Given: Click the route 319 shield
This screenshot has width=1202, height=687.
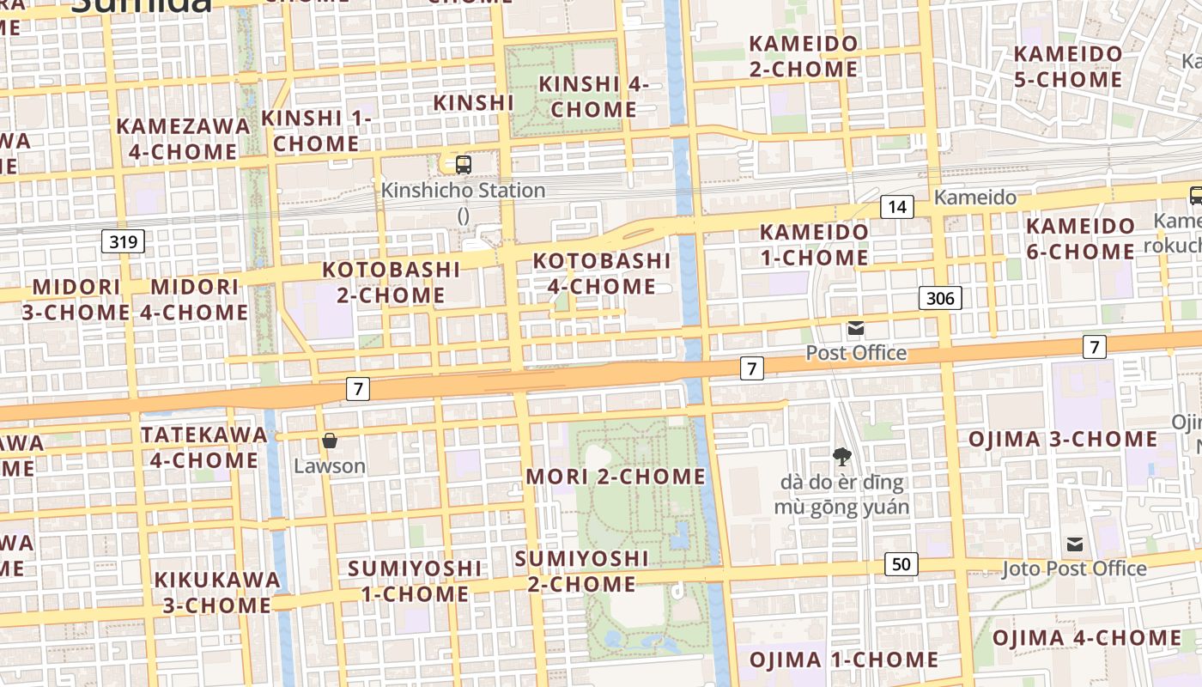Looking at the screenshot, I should coord(123,242).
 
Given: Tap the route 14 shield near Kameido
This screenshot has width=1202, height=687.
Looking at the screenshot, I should coord(897,207).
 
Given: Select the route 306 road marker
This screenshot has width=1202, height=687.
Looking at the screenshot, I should coord(940,298).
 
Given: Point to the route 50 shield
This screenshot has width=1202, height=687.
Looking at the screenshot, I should coord(901,564).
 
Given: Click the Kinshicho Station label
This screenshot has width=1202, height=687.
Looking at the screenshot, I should coord(463,190).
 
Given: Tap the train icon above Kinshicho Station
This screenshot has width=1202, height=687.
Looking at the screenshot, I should coord(463,164).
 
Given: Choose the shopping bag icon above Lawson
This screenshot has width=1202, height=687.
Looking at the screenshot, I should coord(329,441).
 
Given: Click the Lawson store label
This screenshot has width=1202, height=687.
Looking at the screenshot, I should coord(329,466).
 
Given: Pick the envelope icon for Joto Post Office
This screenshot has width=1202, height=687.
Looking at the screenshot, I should coord(1074,544).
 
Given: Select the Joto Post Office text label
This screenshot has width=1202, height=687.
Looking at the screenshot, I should coord(1073,568).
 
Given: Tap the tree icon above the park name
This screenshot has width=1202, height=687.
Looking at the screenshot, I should coord(841,457).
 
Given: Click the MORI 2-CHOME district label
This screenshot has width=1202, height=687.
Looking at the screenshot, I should coord(615,477).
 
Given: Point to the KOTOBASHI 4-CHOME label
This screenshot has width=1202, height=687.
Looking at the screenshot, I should coord(602,273).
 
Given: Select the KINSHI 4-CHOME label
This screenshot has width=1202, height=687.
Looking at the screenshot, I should coord(593,97).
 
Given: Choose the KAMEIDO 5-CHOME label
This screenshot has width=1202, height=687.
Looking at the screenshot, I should coord(1067,67).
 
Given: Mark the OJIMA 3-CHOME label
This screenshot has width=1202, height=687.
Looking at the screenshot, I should coord(1063,440).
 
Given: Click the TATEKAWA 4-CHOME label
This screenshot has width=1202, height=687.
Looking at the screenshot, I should coord(204,447).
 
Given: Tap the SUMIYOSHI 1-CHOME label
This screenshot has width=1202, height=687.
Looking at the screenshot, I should coord(415,581).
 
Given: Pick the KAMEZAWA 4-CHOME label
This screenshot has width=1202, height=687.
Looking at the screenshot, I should coord(183,138).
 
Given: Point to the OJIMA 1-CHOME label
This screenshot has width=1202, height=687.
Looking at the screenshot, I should coord(844,660).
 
